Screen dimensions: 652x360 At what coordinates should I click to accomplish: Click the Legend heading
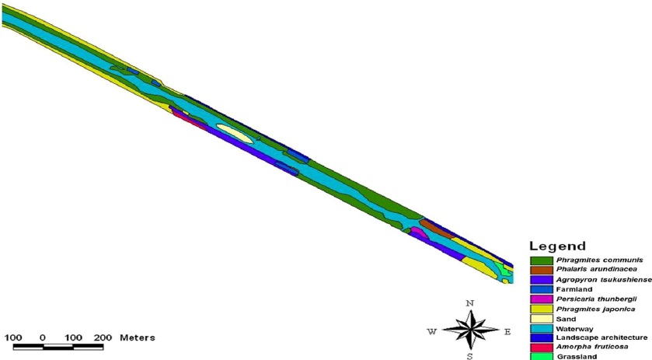(557, 246)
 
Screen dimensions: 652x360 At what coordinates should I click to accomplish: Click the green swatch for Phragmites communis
(542, 260)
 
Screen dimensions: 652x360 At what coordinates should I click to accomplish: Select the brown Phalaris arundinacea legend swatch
(542, 270)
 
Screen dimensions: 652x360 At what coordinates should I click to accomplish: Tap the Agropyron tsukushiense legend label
(604, 280)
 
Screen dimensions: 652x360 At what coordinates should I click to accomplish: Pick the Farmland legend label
(574, 289)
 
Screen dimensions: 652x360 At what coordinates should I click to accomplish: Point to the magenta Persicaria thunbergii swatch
(542, 299)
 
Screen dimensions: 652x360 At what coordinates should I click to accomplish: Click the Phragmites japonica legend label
(595, 309)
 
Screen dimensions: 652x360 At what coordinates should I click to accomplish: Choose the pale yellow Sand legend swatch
(542, 319)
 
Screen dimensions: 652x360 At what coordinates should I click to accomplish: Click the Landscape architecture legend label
(601, 337)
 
